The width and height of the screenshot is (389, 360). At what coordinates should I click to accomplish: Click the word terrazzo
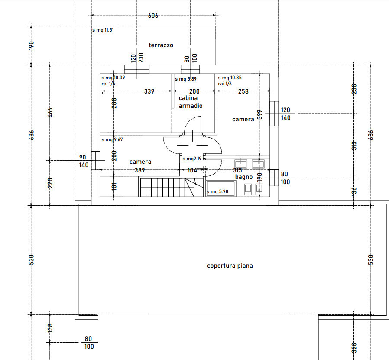point(161,45)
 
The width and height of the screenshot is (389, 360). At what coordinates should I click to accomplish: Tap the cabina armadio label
point(191,102)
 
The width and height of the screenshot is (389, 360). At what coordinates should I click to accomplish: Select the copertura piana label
point(230,266)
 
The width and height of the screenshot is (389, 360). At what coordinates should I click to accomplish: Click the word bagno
point(244,177)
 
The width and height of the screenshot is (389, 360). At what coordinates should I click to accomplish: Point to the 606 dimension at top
point(153,16)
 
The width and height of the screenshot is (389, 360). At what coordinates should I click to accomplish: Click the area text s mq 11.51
point(103,30)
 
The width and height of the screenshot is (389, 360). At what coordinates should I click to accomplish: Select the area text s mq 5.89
point(186,79)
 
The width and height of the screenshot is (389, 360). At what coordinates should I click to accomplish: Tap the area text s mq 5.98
point(219,191)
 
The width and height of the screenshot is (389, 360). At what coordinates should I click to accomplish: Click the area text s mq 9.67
point(112,139)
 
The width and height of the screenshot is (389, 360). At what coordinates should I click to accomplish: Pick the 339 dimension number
point(149,91)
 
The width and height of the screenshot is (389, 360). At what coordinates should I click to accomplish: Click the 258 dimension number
point(244,91)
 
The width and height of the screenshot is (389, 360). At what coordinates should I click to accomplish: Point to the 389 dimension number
point(139,170)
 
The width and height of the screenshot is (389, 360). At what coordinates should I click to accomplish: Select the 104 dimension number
point(192,170)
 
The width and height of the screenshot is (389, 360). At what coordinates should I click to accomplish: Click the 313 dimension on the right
point(355,145)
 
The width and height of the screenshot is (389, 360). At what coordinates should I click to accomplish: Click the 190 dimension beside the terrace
point(31,45)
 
